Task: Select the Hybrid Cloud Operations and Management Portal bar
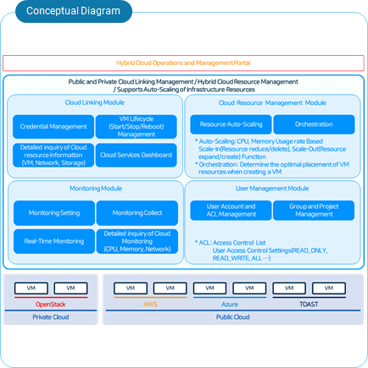point(183,63)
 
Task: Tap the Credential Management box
point(53,127)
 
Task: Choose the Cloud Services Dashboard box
point(137,155)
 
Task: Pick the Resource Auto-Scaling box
point(231,124)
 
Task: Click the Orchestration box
point(314,124)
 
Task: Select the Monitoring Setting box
point(53,213)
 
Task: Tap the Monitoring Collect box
point(137,213)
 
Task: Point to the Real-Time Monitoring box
point(53,241)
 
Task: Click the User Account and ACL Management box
point(231,211)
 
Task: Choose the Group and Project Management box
point(314,211)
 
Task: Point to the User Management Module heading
point(271,189)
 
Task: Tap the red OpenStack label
point(51,304)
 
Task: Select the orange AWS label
point(150,303)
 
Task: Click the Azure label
point(230,303)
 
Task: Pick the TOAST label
point(309,303)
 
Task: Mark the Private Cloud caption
point(51,316)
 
